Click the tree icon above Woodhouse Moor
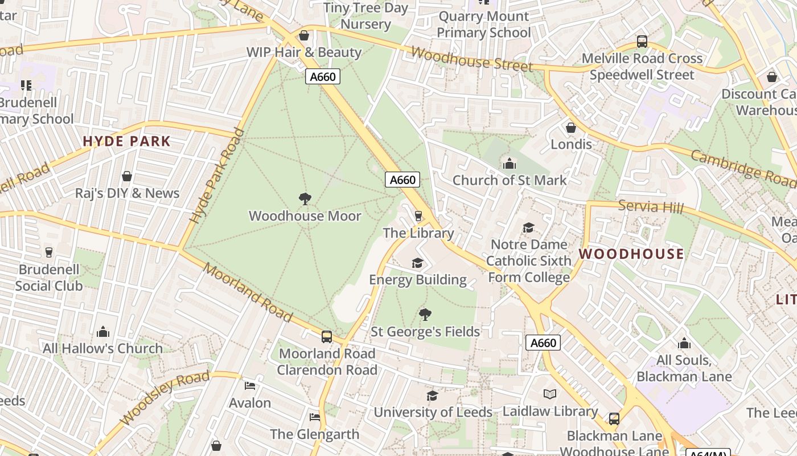tap(305, 199)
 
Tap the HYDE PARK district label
tap(126, 141)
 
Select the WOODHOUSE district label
tap(631, 254)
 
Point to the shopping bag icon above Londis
tap(570, 128)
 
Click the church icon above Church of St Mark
tap(509, 164)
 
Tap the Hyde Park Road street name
tap(216, 176)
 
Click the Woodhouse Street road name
tap(471, 59)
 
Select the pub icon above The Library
tap(418, 216)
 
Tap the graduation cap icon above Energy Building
tap(417, 263)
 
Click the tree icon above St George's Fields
tap(425, 315)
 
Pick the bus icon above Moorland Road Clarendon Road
tap(327, 337)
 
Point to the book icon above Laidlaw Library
tap(549, 394)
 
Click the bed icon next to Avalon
tap(250, 386)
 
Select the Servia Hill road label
tap(650, 207)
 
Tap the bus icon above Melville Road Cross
tap(642, 42)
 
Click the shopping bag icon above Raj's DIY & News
tap(127, 176)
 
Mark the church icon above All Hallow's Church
tap(103, 332)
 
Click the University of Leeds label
tap(433, 412)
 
